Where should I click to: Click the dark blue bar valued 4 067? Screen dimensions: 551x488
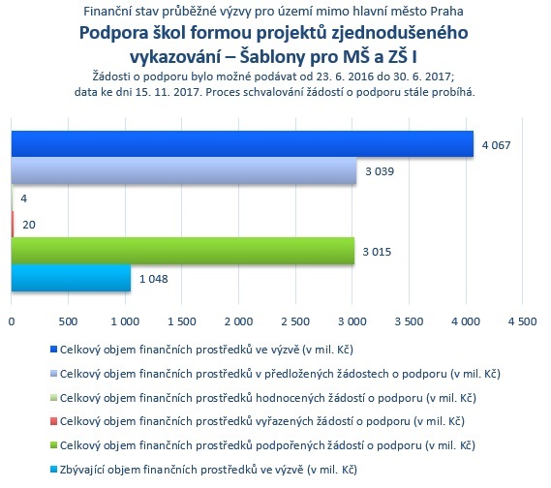click(x=242, y=143)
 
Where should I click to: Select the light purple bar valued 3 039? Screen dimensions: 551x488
click(x=184, y=170)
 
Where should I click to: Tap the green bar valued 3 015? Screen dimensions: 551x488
click(x=183, y=251)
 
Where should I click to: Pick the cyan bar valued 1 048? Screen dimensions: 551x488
click(x=71, y=278)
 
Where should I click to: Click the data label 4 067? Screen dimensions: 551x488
click(x=496, y=145)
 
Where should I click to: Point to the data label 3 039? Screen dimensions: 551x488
click(x=380, y=171)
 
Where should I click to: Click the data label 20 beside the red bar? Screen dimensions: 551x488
click(x=29, y=225)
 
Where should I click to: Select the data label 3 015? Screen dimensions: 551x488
click(x=377, y=252)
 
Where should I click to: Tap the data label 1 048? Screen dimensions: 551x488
click(x=154, y=279)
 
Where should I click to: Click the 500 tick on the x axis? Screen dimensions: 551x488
click(x=68, y=321)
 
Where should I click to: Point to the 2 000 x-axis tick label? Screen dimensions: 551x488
click(x=238, y=321)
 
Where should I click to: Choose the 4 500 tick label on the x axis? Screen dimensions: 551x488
click(x=523, y=321)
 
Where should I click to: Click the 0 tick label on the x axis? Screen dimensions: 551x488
click(x=12, y=321)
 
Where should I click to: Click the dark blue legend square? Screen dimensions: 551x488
click(x=53, y=350)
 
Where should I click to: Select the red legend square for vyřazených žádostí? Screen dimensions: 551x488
click(x=53, y=421)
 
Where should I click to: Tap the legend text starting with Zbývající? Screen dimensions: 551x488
click(x=208, y=470)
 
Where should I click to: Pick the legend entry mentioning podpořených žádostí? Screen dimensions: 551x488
click(x=267, y=445)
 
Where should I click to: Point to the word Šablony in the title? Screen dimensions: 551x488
click(x=273, y=57)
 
